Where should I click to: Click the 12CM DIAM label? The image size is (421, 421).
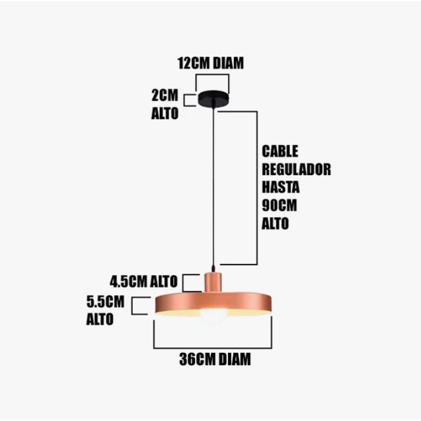[210, 64]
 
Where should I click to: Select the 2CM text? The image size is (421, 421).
[165, 95]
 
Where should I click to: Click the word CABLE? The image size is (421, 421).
[280, 151]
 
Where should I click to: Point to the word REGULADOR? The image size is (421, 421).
[296, 169]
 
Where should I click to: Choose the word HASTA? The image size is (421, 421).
[281, 187]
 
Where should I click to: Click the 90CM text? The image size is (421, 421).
[279, 205]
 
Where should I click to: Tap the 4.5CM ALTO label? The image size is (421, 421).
[143, 281]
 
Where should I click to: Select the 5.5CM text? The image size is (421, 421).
[106, 302]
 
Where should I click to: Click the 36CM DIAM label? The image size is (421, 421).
[215, 359]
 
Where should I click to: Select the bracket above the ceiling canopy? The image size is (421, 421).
[212, 75]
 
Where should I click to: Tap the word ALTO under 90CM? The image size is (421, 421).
[275, 223]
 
